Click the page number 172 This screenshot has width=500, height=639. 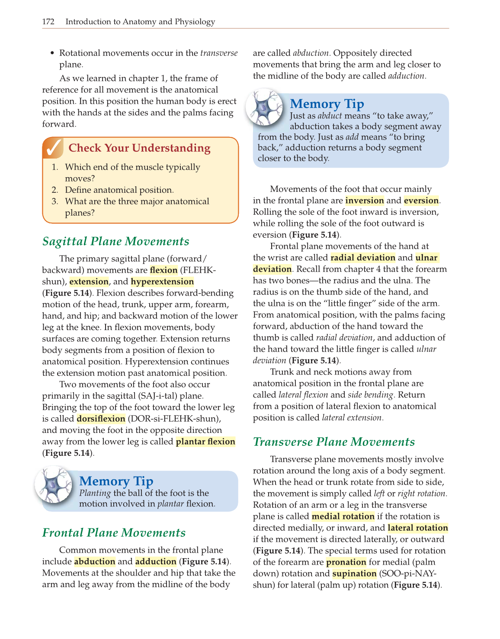(48, 22)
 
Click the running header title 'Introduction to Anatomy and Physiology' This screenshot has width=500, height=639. (140, 22)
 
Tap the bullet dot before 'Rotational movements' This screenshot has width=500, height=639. (52, 53)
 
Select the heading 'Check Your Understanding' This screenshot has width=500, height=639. (139, 148)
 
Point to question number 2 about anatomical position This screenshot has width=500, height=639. (55, 190)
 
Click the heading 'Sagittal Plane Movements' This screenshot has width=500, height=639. (115, 241)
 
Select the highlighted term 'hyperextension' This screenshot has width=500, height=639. (162, 282)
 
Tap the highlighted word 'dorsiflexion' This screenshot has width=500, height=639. (101, 419)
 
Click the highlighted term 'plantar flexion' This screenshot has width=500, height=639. (205, 442)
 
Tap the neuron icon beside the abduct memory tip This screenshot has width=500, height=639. (265, 107)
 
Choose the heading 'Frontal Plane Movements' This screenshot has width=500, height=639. (114, 532)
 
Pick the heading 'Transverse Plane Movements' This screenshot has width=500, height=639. (333, 442)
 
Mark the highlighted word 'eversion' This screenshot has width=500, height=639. (421, 200)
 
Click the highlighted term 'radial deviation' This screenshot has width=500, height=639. (363, 258)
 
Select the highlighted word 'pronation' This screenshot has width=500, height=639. (346, 562)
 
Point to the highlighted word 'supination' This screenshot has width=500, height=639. (354, 573)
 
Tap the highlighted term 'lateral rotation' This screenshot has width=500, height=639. (417, 528)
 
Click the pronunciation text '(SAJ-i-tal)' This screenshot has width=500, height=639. (158, 396)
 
